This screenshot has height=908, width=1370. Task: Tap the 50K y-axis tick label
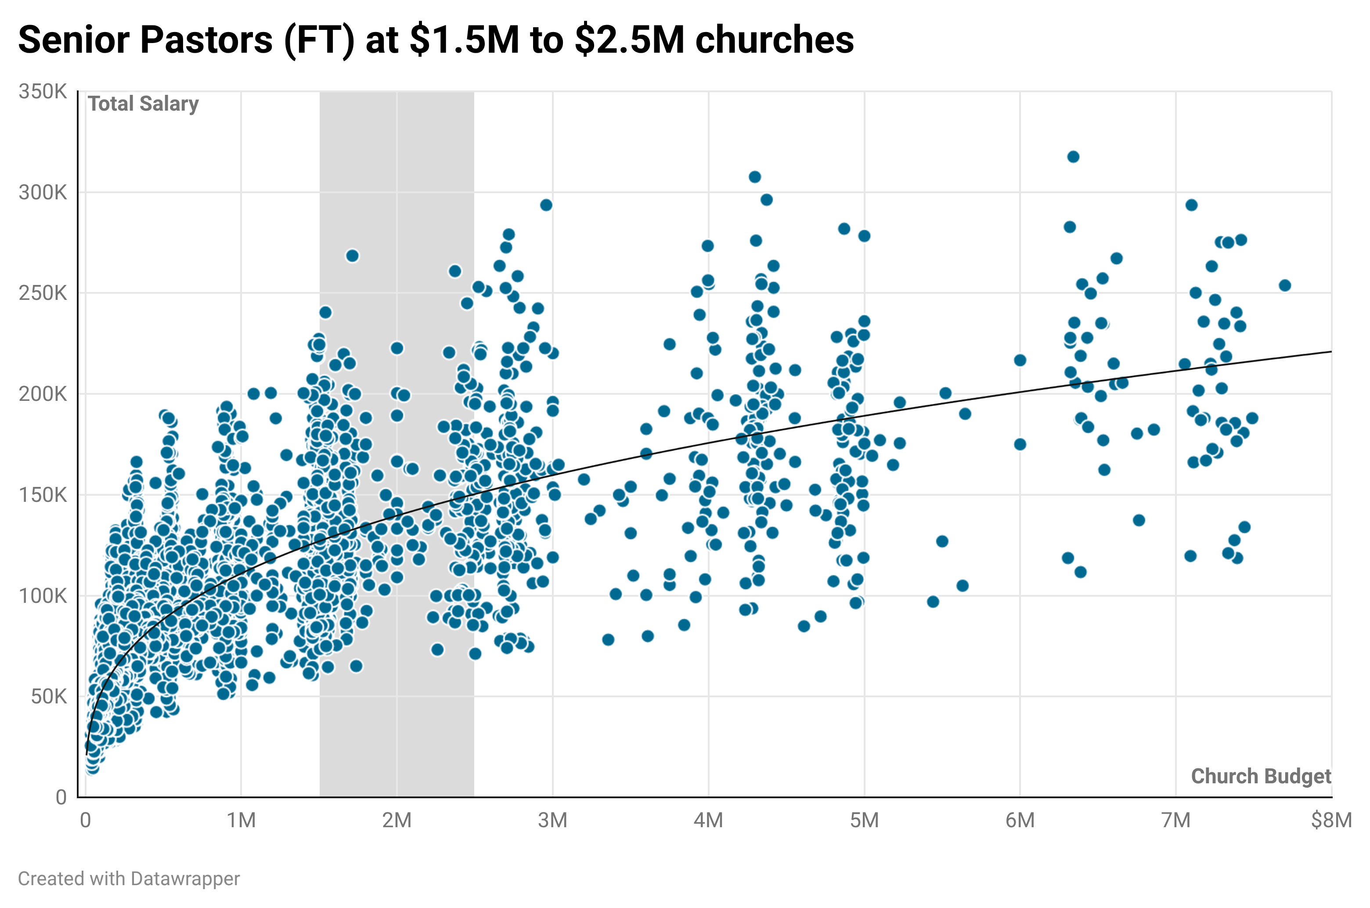point(49,697)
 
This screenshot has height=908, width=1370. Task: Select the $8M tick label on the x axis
point(1330,821)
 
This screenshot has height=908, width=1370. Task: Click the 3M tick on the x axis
point(552,821)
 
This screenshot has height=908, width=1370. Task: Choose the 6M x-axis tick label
point(1020,821)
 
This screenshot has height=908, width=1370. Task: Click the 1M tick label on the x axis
point(241,821)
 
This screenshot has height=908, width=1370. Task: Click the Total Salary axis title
point(143,104)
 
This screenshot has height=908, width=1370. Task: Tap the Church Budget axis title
point(1261,776)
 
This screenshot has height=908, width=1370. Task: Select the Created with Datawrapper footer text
point(129,879)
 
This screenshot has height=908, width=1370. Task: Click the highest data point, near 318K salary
point(1073,157)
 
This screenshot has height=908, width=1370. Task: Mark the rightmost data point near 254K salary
point(1285,285)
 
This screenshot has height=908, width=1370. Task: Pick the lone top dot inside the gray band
point(352,256)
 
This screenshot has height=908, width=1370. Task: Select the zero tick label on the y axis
point(61,797)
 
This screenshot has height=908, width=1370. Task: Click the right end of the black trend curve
point(1330,352)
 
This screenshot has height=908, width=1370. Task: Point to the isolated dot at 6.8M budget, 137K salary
point(1139,520)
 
